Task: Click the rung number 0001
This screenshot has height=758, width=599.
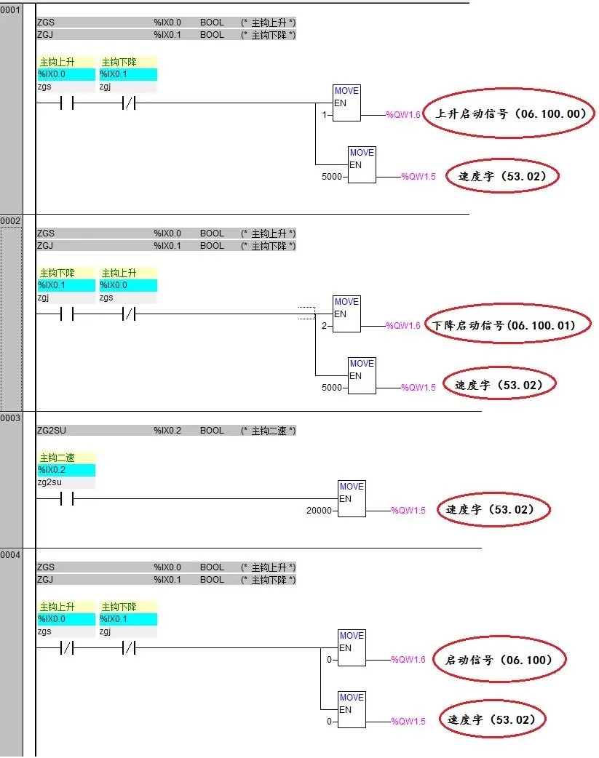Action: coord(10,9)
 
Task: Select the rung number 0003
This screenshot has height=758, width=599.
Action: coord(10,418)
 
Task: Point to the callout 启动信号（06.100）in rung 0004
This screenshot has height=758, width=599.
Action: coord(499,660)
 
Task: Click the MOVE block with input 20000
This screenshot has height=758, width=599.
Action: coord(352,498)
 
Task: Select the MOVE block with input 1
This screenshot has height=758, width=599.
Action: coord(346,103)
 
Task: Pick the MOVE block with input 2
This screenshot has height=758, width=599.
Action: coord(346,314)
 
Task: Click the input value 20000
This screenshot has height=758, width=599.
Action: coord(319,511)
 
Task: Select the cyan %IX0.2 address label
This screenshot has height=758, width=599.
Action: coord(66,470)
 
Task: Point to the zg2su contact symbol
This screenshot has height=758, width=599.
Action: coord(66,500)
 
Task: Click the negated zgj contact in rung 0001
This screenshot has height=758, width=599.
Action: coord(128,104)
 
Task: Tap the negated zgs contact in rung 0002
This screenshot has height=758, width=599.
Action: coord(128,315)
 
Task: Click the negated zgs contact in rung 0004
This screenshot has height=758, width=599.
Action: coord(66,648)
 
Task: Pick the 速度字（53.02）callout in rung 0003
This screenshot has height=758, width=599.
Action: coord(494,510)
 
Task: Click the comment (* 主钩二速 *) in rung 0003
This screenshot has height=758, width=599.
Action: coord(268,431)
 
